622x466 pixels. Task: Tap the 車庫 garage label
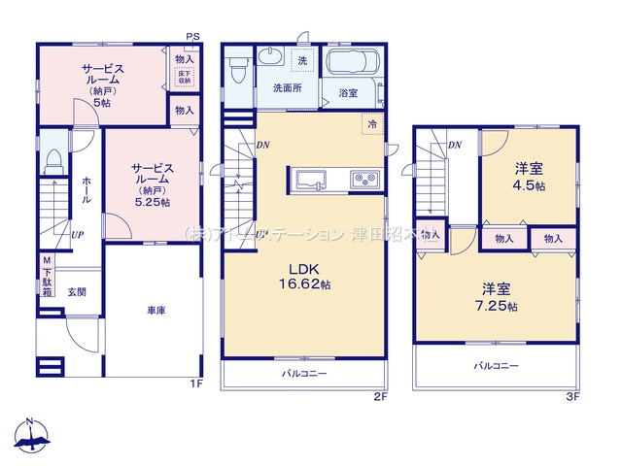click(x=155, y=310)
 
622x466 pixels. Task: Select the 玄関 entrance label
click(x=77, y=291)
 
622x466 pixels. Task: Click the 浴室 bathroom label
click(x=347, y=92)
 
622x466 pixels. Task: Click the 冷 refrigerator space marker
click(x=372, y=123)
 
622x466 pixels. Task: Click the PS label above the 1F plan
click(x=193, y=37)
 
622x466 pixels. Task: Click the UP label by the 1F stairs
click(x=76, y=234)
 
